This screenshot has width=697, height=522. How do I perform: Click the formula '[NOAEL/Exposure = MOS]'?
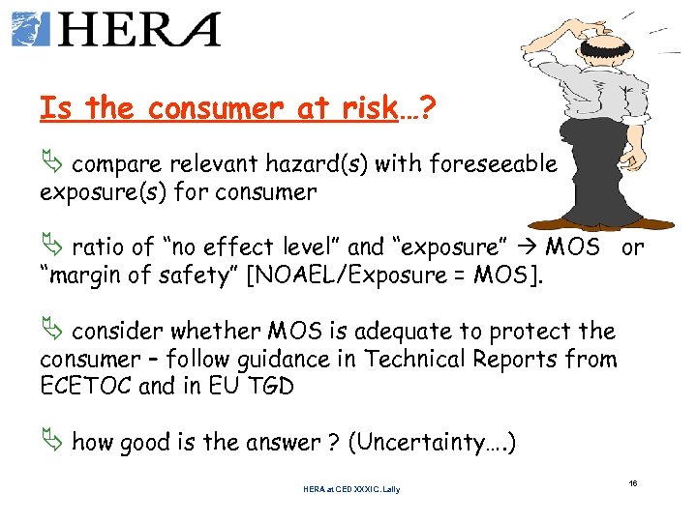(x=398, y=275)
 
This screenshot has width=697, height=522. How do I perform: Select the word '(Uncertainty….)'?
(x=432, y=444)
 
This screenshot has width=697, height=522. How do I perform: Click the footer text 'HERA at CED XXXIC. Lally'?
(x=350, y=489)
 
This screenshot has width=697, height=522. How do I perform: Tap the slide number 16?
(x=633, y=481)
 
